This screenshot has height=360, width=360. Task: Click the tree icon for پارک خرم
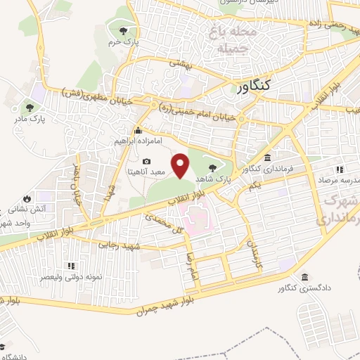(124, 30)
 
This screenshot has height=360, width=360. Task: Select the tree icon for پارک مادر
(30, 108)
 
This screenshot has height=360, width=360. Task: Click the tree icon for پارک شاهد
(213, 167)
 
